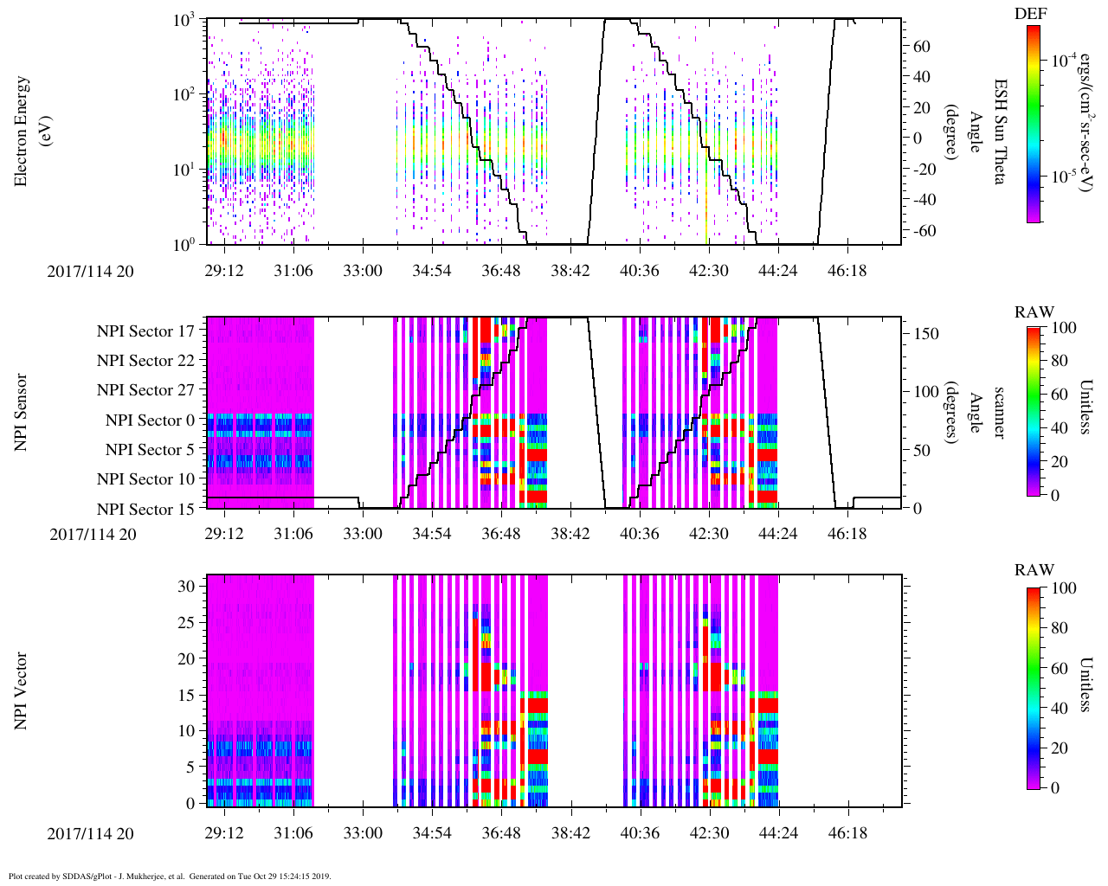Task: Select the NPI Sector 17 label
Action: tap(145, 331)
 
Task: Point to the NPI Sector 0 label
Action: tap(150, 421)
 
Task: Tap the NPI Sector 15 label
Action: tap(145, 510)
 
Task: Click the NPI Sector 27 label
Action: tap(145, 390)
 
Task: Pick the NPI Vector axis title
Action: tap(22, 691)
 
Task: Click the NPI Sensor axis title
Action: tap(22, 412)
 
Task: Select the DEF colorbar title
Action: tap(1030, 13)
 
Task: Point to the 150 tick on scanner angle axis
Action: tap(927, 333)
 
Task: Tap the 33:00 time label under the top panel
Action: tap(362, 271)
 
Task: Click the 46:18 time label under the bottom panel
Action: tap(847, 834)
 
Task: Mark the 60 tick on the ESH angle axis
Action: tap(922, 46)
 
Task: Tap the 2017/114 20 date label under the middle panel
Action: tap(93, 535)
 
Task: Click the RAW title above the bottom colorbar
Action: tap(1034, 570)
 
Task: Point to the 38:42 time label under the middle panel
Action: tap(570, 535)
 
